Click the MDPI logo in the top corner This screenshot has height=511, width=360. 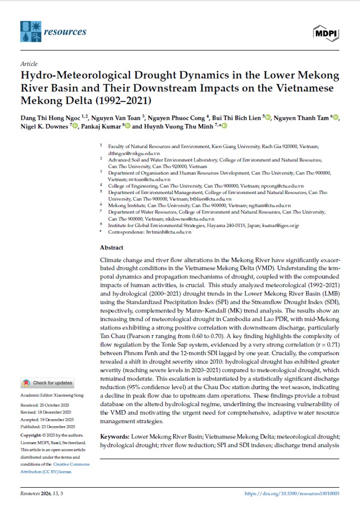click(326, 33)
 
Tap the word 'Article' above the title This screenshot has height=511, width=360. click(29, 64)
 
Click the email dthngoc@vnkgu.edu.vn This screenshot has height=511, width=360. click(128, 152)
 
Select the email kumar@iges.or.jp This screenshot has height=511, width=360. click(280, 226)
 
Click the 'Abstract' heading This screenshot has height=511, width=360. click(111, 247)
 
